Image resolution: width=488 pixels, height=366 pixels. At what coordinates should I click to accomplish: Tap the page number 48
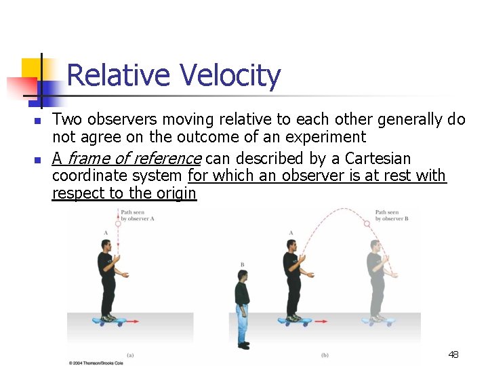453,354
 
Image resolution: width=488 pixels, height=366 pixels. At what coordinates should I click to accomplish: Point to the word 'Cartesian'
378,159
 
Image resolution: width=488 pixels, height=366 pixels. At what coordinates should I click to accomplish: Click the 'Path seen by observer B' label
391,216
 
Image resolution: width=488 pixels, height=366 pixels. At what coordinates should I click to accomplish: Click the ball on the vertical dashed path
118,222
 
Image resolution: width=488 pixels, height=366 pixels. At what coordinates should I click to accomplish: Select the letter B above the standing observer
242,264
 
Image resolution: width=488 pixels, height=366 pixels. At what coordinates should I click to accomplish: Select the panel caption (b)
324,354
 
